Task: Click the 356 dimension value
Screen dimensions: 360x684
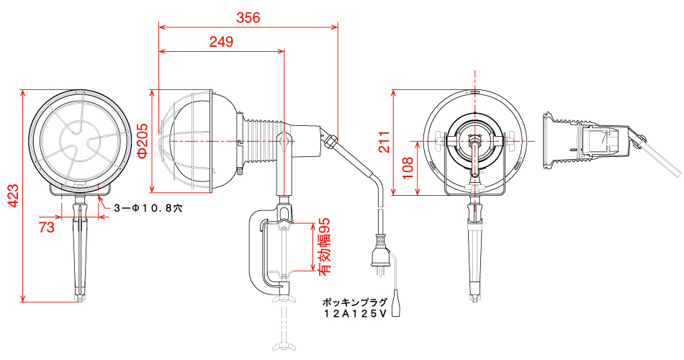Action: (x=248, y=18)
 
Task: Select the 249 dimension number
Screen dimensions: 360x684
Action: (x=221, y=42)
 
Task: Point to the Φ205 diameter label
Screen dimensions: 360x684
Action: (x=142, y=141)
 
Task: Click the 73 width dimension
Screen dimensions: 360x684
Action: (x=47, y=228)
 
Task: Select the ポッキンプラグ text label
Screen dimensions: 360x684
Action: (x=355, y=302)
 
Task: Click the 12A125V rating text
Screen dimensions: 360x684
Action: (x=355, y=314)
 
